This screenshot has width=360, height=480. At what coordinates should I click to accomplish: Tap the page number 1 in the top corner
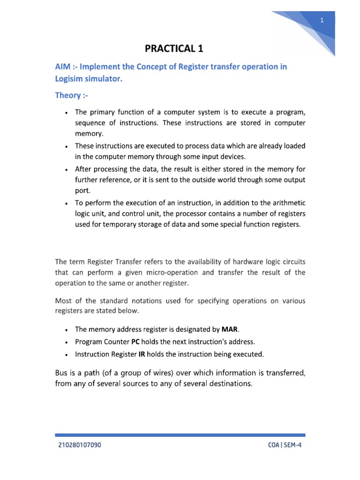322,20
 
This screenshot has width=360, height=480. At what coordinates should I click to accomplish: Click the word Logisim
71,79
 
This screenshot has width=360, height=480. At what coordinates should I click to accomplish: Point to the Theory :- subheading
71,96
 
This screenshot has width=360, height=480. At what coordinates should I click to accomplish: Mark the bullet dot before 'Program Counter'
68,342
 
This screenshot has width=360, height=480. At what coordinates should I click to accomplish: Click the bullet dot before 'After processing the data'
68,169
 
